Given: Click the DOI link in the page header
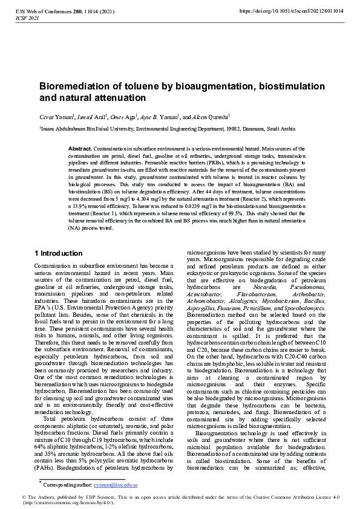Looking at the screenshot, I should click(x=292, y=11).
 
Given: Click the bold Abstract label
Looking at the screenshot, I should click(x=80, y=148).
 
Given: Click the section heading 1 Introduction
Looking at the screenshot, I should click(x=59, y=253).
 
